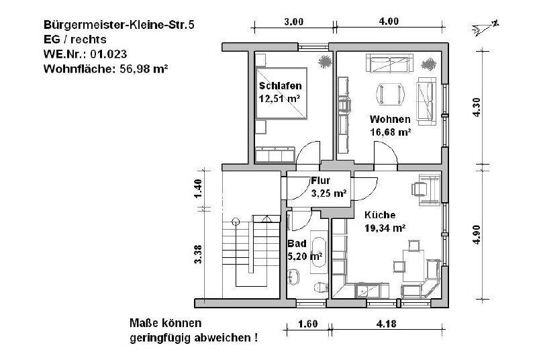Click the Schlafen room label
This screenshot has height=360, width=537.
[280, 86]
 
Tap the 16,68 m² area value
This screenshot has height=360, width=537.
[390, 132]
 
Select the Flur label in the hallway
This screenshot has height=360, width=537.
[321, 181]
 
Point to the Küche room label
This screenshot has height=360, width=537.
[380, 216]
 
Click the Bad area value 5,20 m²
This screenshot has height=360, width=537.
[305, 256]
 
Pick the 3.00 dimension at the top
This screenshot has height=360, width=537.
[293, 21]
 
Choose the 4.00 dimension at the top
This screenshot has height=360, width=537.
[389, 21]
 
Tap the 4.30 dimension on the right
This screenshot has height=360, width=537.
[477, 109]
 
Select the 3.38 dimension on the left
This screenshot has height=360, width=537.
[198, 254]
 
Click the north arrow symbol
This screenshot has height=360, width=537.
[485, 26]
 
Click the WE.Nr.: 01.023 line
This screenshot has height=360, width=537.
[85, 54]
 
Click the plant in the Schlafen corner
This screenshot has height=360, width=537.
[325, 61]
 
